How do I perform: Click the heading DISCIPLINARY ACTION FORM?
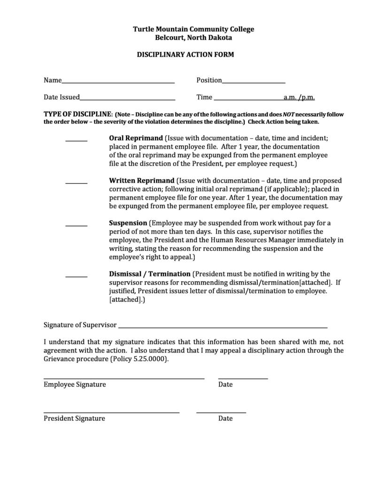185,55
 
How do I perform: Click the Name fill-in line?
118,82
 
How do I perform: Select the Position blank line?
254,82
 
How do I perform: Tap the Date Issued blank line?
127,100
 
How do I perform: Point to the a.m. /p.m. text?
299,97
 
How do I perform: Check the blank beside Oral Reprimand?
76,141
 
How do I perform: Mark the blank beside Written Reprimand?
76,183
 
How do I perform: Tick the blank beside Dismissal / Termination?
76,276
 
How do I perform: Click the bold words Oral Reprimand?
136,139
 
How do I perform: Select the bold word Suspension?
128,223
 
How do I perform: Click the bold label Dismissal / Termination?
150,274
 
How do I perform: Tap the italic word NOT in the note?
288,114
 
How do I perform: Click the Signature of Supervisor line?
222,327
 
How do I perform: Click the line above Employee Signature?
124,378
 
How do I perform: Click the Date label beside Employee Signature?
225,385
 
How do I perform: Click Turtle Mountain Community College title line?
193,30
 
